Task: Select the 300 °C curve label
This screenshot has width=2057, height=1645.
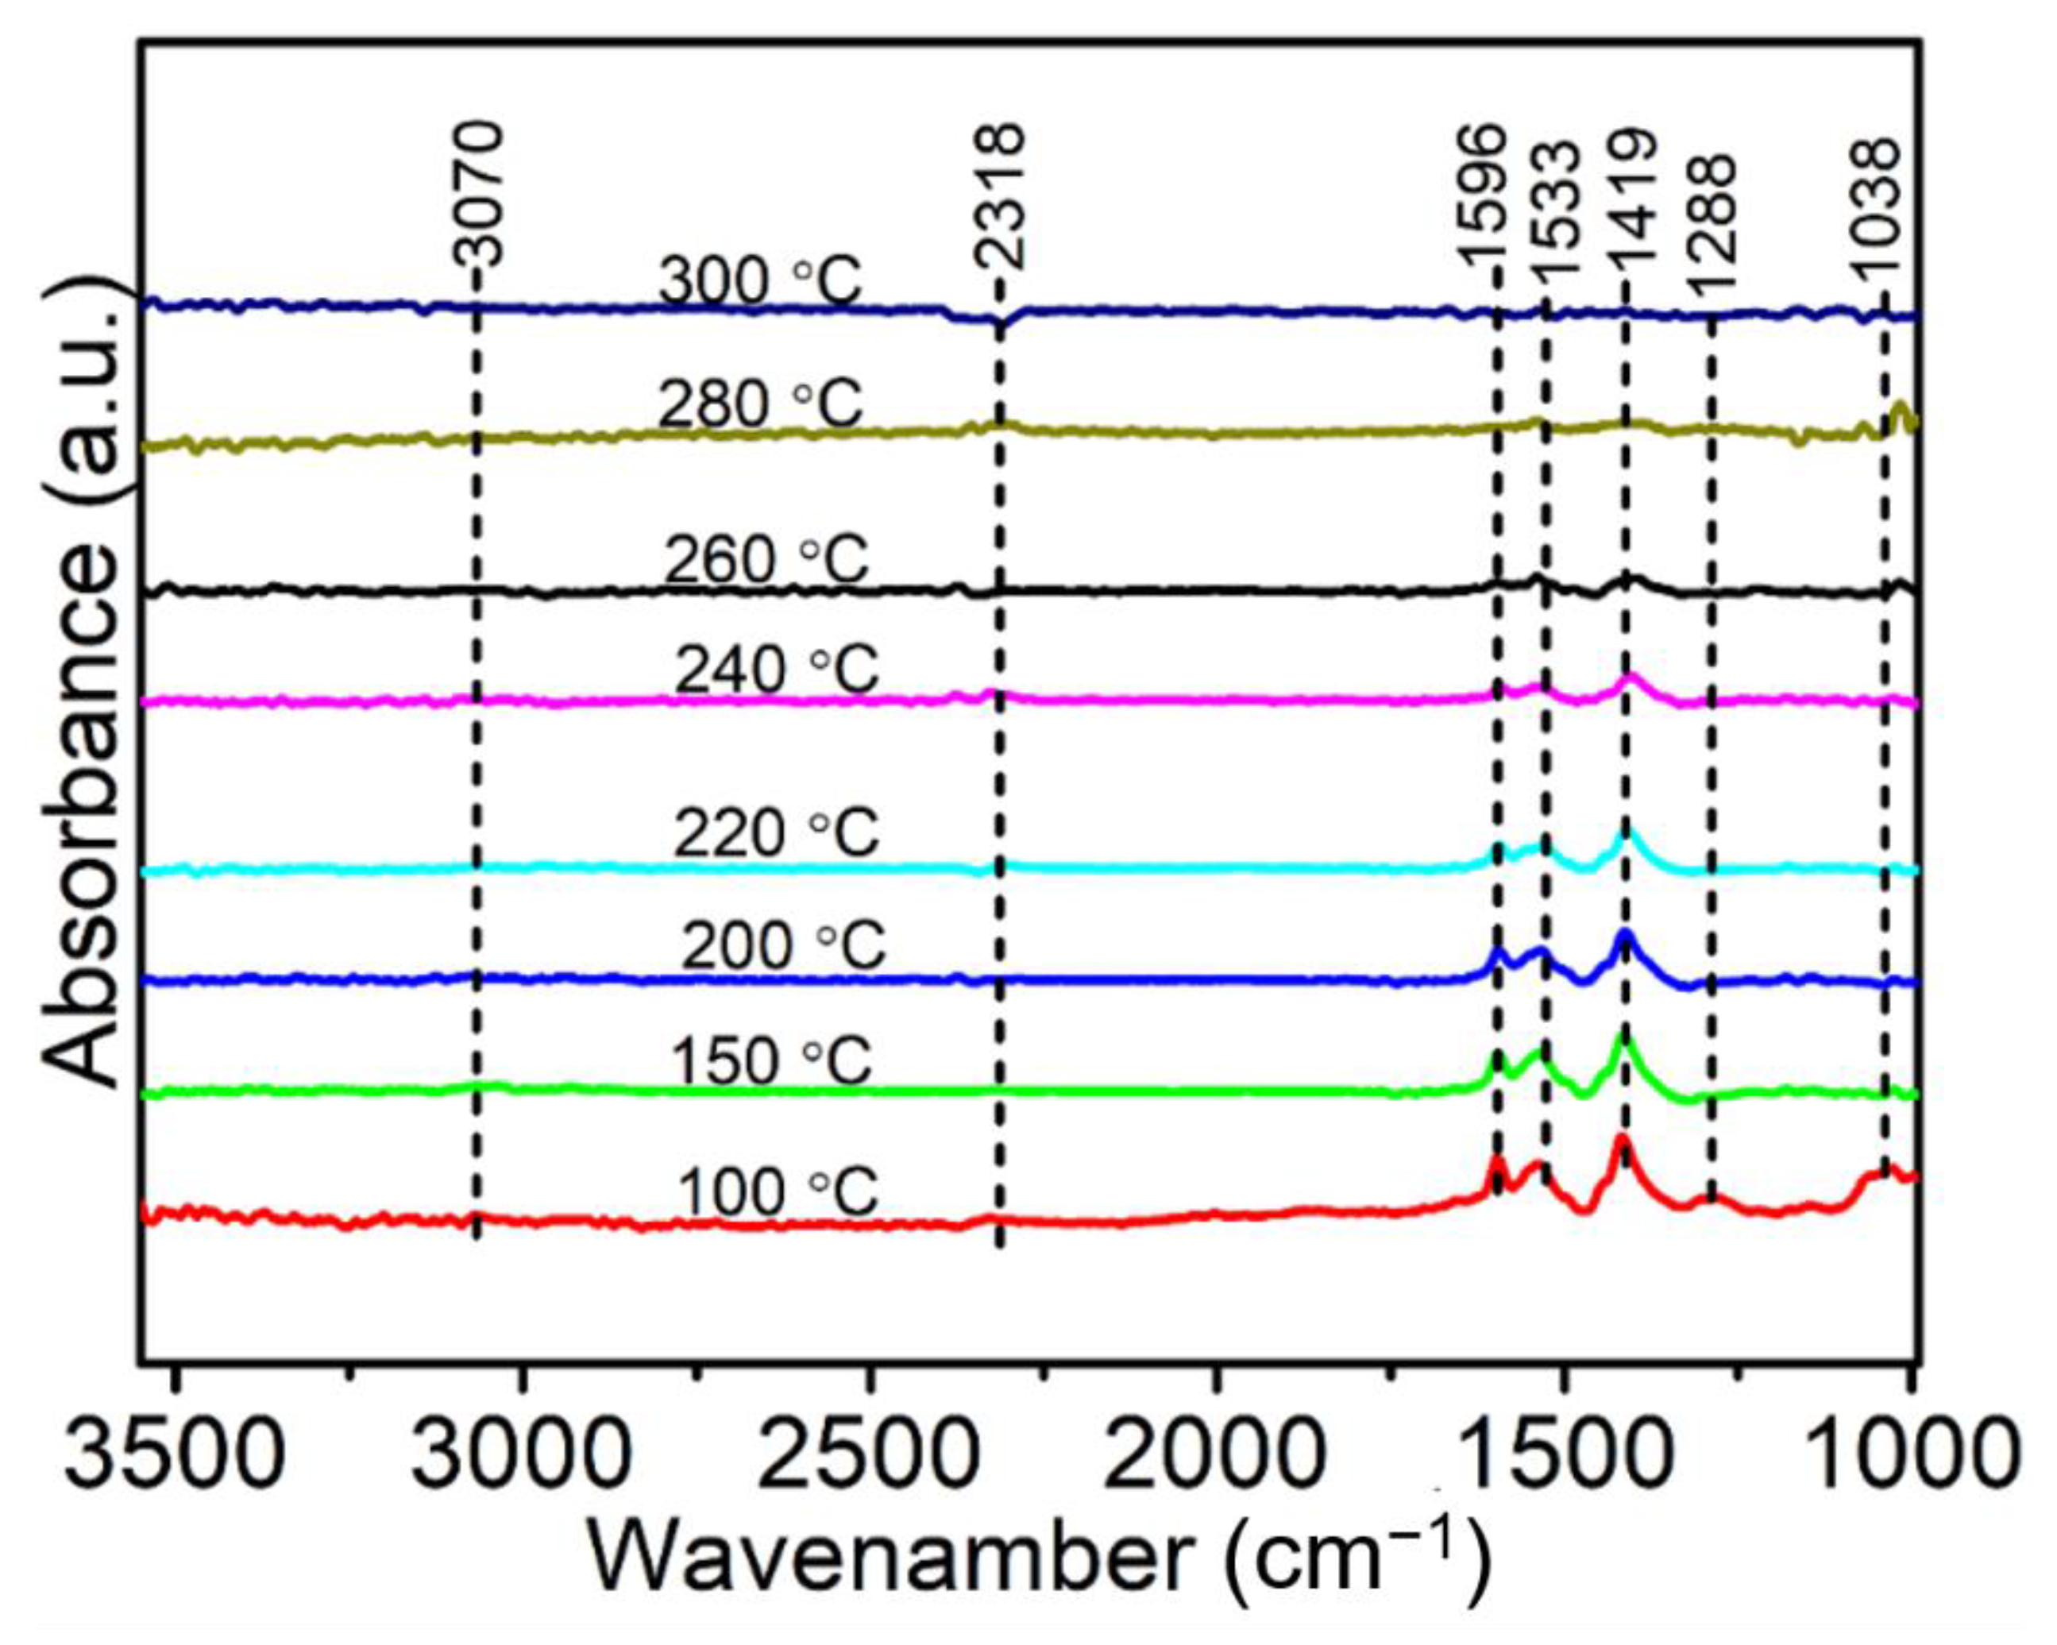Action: pyautogui.click(x=759, y=281)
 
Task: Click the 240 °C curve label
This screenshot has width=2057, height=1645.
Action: pyautogui.click(x=776, y=670)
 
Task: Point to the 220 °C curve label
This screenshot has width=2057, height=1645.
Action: pyautogui.click(x=776, y=834)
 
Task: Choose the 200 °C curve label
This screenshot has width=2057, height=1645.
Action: pyautogui.click(x=782, y=947)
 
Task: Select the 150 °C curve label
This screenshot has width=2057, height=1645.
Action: pyautogui.click(x=771, y=1061)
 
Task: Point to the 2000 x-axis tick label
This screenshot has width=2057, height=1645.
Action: pyautogui.click(x=1214, y=1454)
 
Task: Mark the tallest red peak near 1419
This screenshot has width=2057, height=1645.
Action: pyautogui.click(x=1621, y=1138)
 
